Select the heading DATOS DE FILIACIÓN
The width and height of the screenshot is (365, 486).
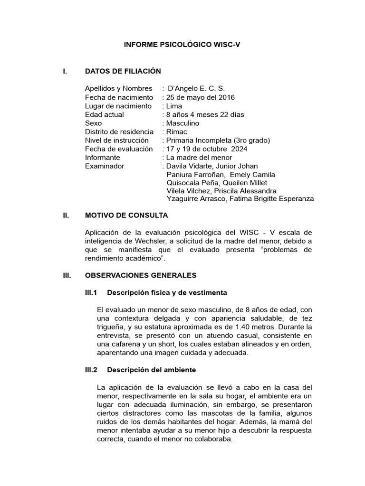(x=123, y=71)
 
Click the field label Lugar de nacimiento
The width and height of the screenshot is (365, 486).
(x=118, y=106)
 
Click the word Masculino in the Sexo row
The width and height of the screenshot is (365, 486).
(x=182, y=123)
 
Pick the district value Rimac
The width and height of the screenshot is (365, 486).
(x=176, y=131)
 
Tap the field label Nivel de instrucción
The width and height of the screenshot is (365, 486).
(x=116, y=140)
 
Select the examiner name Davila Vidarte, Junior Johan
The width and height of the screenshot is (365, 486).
(x=212, y=166)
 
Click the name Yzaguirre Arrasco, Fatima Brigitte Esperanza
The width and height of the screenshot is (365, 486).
(x=240, y=199)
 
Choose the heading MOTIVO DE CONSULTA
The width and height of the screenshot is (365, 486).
(x=126, y=215)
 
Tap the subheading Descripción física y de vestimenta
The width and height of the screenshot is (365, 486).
(x=167, y=292)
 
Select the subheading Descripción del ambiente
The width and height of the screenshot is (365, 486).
(x=151, y=369)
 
